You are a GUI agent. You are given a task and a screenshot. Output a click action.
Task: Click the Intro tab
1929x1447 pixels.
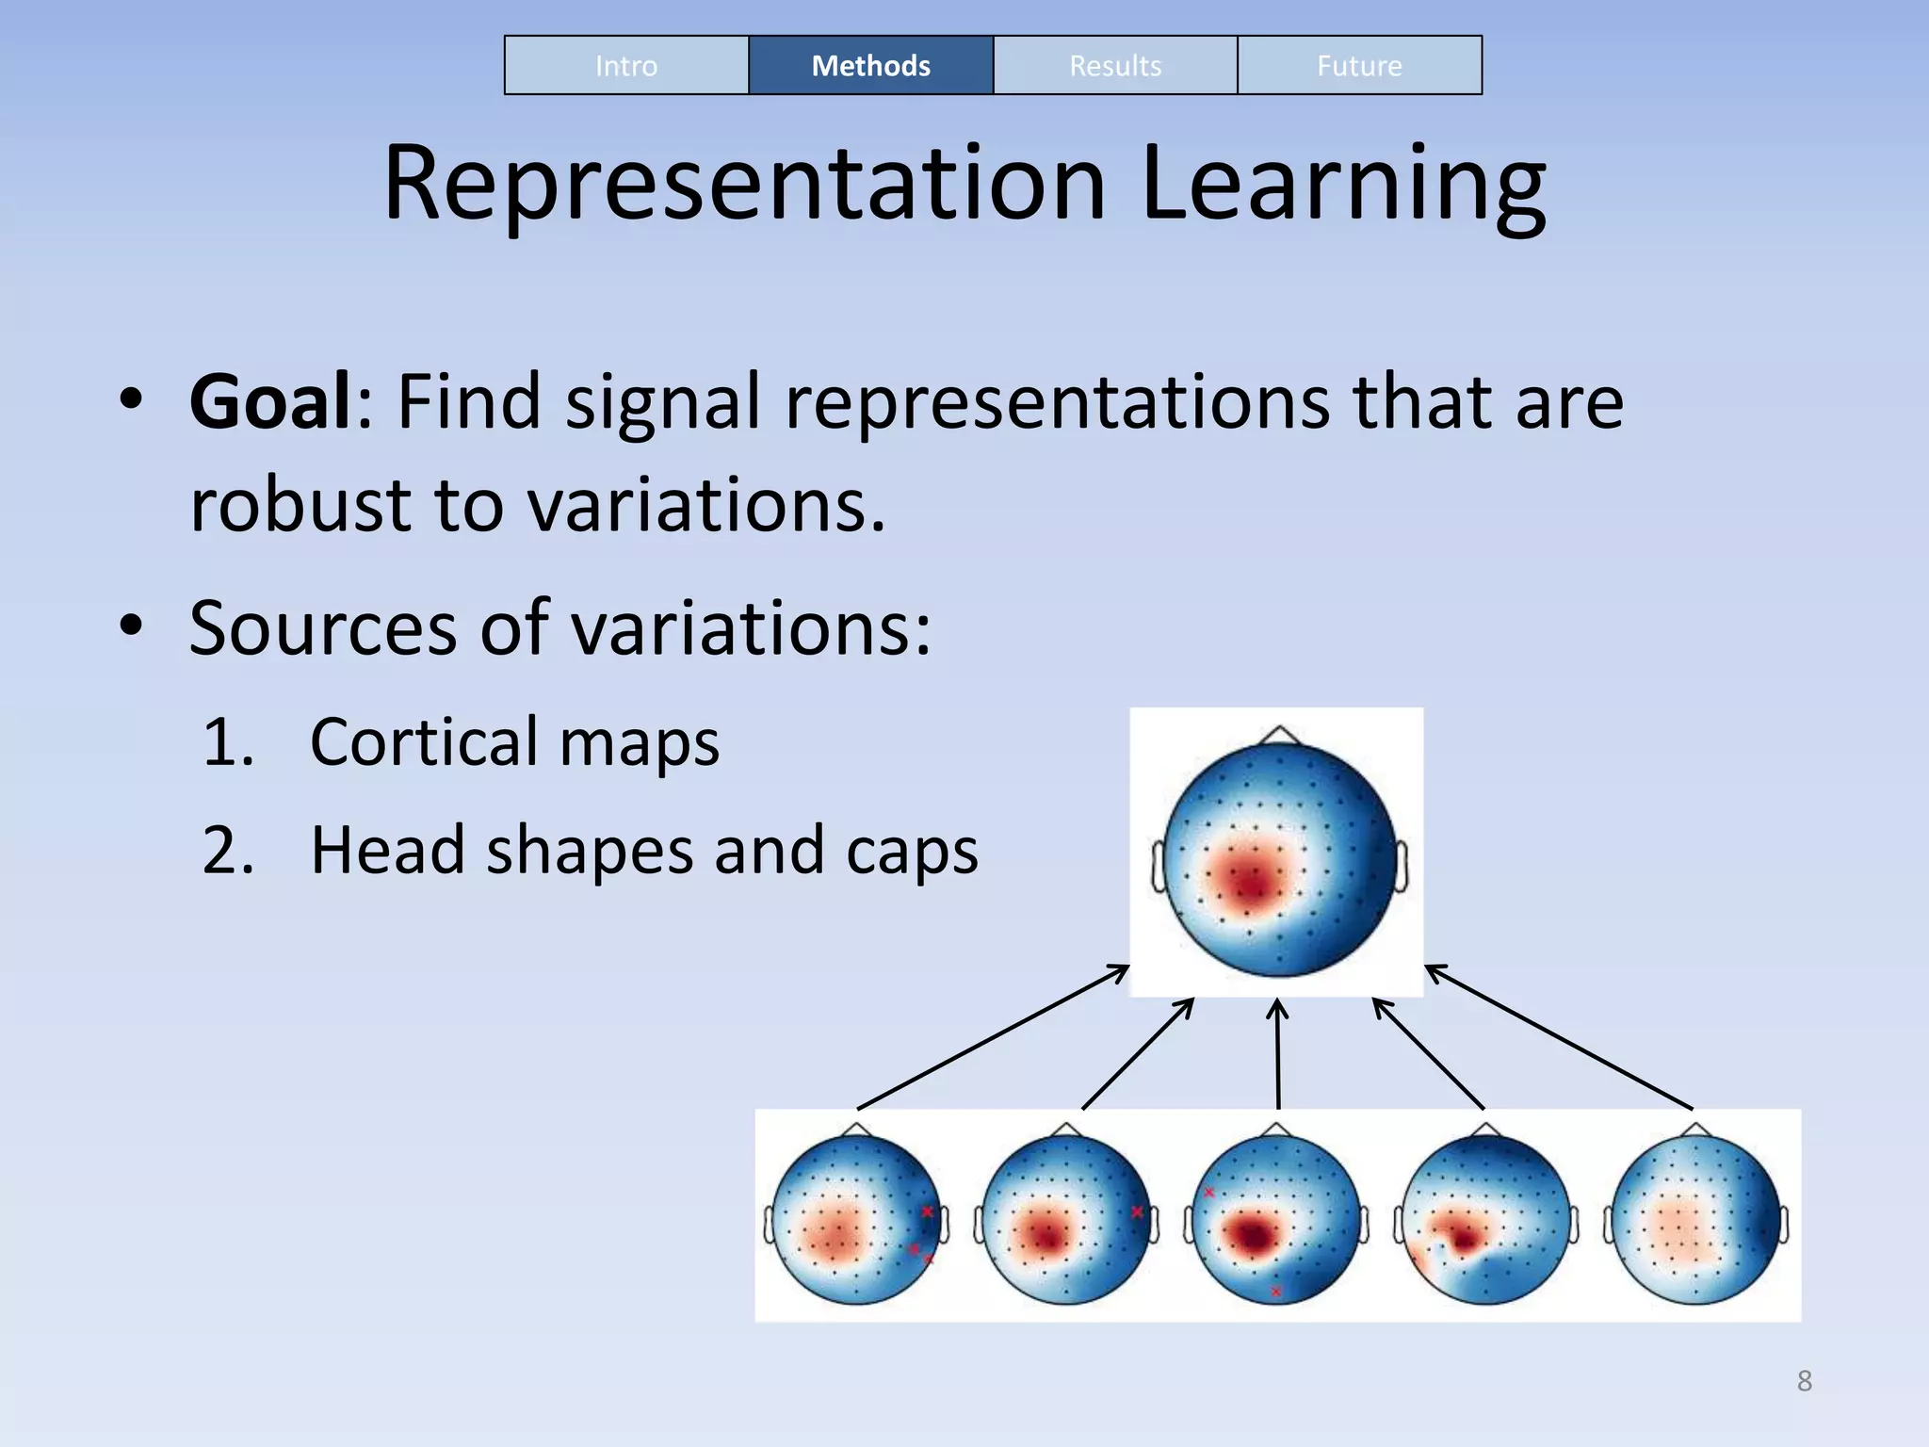coord(626,65)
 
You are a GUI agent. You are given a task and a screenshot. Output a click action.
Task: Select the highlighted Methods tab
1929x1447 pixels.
coord(870,65)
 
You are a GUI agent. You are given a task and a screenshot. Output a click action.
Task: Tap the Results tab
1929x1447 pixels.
coord(1115,65)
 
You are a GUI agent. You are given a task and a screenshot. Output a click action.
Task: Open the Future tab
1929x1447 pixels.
coord(1359,65)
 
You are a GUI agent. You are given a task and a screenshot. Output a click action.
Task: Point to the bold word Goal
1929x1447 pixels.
coord(270,402)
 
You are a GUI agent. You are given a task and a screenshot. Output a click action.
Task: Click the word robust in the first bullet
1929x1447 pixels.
coord(300,505)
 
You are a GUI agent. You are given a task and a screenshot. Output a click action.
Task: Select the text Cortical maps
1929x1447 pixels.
coord(514,742)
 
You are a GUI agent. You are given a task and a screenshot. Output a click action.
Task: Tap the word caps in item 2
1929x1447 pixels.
coord(912,850)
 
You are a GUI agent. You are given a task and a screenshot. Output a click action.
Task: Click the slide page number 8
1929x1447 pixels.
coord(1804,1381)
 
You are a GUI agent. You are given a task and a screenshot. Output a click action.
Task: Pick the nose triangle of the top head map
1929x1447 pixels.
coord(1279,735)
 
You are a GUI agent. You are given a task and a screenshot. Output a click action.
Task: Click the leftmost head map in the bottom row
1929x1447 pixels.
coord(856,1221)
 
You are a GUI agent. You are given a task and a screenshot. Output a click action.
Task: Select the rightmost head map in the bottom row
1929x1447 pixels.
coord(1695,1221)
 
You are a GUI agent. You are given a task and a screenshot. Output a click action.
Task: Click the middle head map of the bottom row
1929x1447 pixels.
coord(1276,1221)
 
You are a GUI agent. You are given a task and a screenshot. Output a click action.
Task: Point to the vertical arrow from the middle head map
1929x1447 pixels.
coord(1277,1055)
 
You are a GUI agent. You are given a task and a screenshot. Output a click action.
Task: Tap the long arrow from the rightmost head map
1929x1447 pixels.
coord(1559,1037)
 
